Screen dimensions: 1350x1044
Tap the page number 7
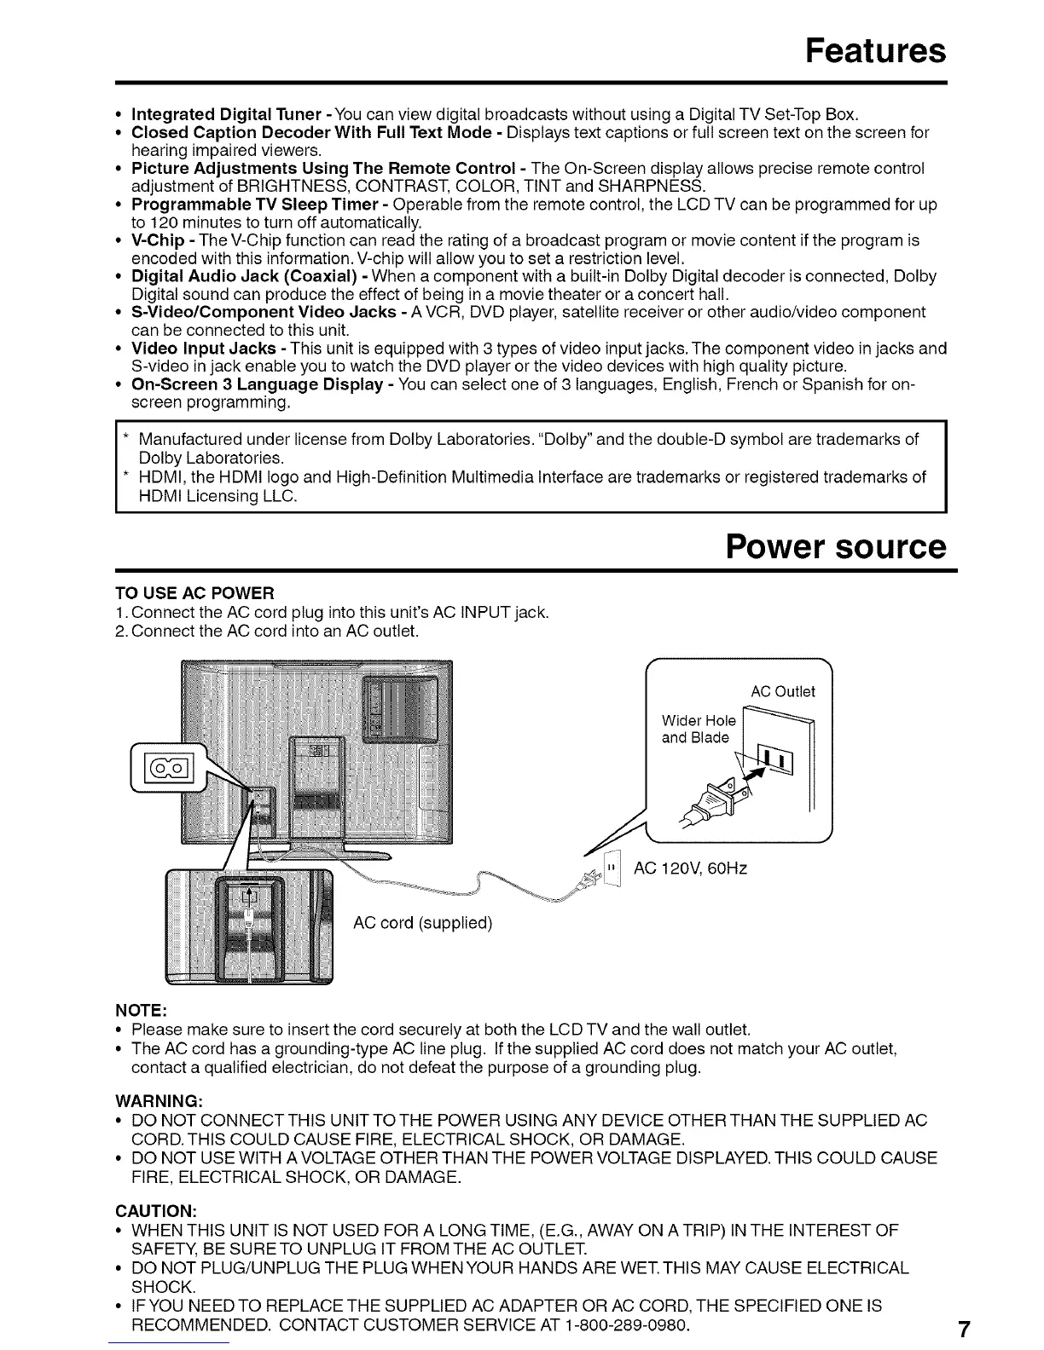tap(962, 1330)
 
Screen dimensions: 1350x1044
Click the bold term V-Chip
tap(158, 241)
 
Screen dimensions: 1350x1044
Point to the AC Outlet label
tap(783, 691)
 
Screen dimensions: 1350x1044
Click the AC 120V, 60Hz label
tap(691, 868)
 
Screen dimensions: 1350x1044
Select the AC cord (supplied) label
tap(423, 923)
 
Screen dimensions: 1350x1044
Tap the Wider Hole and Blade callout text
tap(698, 729)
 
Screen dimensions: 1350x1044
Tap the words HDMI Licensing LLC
tap(217, 495)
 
